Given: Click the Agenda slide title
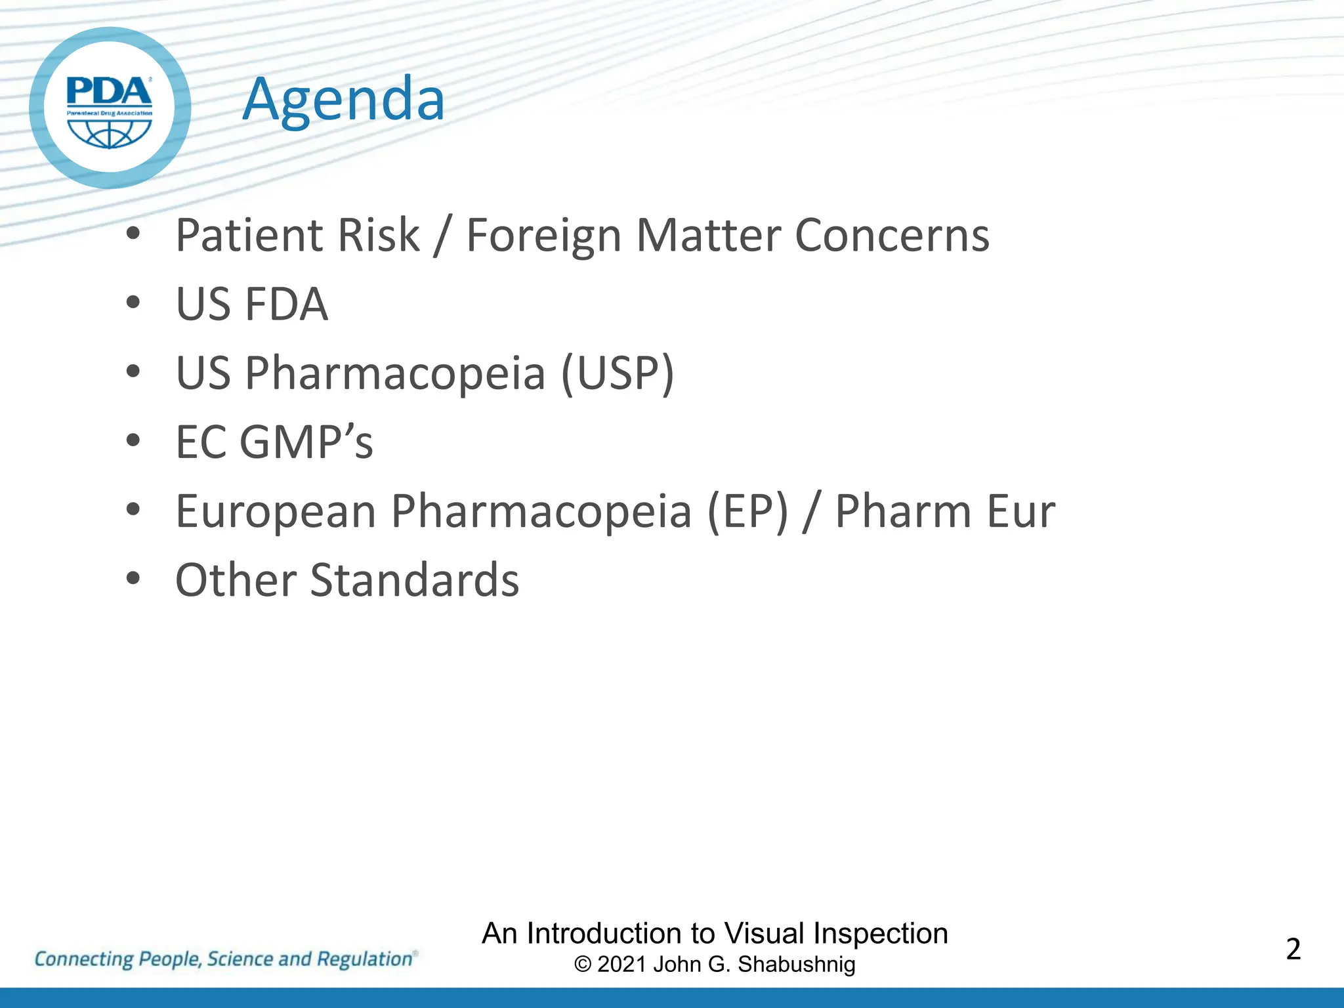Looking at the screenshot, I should pyautogui.click(x=343, y=100).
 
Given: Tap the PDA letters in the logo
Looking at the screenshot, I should pyautogui.click(x=109, y=91).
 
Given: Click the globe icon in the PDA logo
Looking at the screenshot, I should pyautogui.click(x=110, y=133).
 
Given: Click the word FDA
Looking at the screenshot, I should pyautogui.click(x=285, y=304).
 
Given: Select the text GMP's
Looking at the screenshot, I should pyautogui.click(x=306, y=442).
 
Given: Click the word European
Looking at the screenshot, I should pyautogui.click(x=276, y=511).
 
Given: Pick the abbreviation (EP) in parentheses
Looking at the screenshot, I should pyautogui.click(x=747, y=511).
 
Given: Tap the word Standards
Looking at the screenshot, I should pyautogui.click(x=414, y=580).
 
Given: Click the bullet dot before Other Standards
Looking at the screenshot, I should pyautogui.click(x=133, y=579).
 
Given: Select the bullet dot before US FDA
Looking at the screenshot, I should pyautogui.click(x=133, y=303).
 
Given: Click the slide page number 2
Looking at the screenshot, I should pyautogui.click(x=1293, y=950).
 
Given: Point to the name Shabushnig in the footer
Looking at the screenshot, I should pyautogui.click(x=796, y=965).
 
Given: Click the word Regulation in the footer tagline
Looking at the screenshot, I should pyautogui.click(x=364, y=959).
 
